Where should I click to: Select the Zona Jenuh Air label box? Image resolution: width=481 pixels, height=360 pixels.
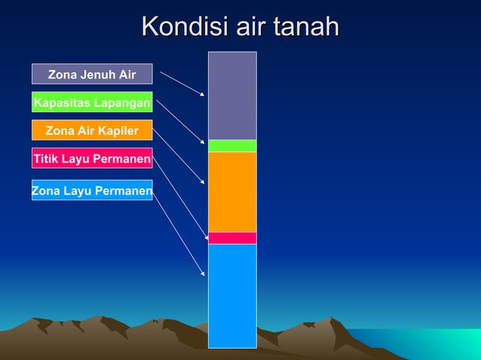pos(92,74)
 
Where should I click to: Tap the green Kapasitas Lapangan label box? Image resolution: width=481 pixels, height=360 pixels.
pos(92,102)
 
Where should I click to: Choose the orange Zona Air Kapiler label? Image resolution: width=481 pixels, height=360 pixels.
pos(92,130)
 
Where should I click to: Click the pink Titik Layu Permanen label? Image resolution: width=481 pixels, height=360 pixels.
pos(92,159)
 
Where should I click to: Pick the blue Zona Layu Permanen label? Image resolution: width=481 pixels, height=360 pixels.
pos(92,191)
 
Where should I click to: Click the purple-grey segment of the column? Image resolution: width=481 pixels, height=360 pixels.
pos(232,96)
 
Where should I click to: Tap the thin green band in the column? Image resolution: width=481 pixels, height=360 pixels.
pos(232,145)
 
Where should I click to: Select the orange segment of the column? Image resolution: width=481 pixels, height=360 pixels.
pos(232,191)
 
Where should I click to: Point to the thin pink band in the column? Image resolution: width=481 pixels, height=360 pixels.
pos(232,238)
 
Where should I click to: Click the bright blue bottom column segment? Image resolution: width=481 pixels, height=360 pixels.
pos(232,295)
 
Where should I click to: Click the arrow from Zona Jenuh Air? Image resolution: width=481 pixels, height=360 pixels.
pos(182,84)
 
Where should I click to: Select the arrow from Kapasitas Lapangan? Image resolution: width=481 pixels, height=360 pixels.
pos(180,121)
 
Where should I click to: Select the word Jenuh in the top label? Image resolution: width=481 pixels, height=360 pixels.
pos(96,74)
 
